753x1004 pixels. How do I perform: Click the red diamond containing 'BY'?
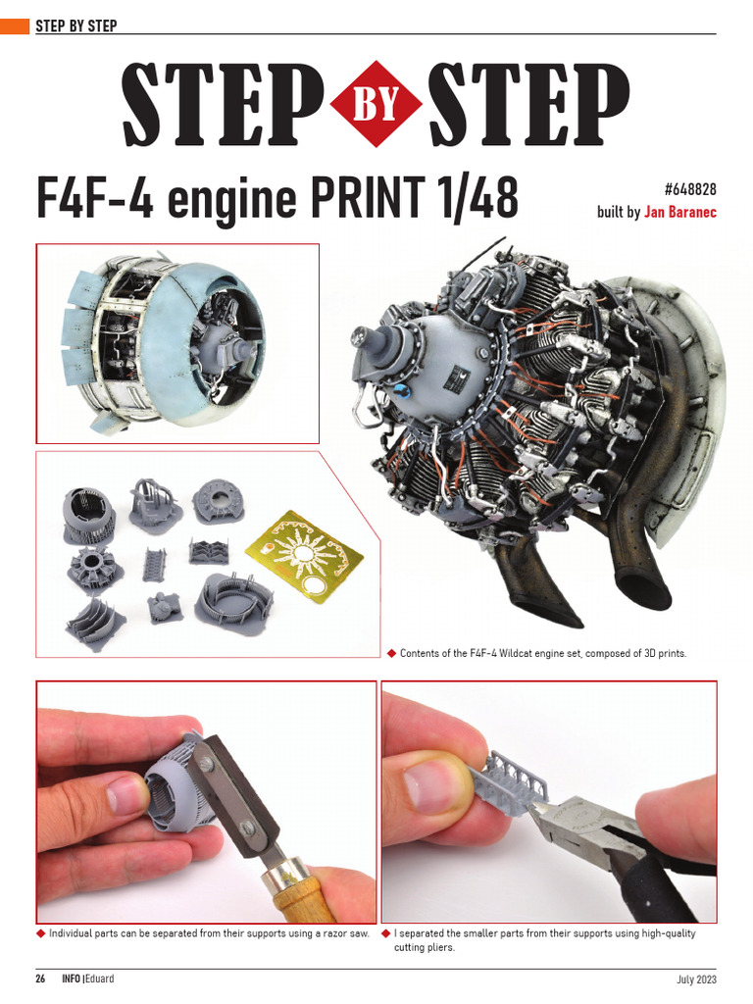pyautogui.click(x=377, y=103)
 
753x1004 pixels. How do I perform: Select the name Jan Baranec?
pyautogui.click(x=679, y=212)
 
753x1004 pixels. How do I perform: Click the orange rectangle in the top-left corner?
pyautogui.click(x=15, y=26)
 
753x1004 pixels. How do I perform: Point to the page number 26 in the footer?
pyautogui.click(x=41, y=979)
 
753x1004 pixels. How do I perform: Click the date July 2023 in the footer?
pyautogui.click(x=696, y=979)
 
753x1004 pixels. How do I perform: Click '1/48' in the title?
pyautogui.click(x=477, y=198)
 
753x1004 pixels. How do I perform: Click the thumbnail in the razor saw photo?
pyautogui.click(x=125, y=795)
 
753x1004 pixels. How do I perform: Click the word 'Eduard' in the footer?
pyautogui.click(x=99, y=979)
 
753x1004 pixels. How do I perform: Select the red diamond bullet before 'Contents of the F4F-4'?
pyautogui.click(x=391, y=653)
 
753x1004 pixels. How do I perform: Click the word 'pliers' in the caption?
pyautogui.click(x=439, y=948)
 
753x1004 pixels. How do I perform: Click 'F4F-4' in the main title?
pyautogui.click(x=94, y=198)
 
